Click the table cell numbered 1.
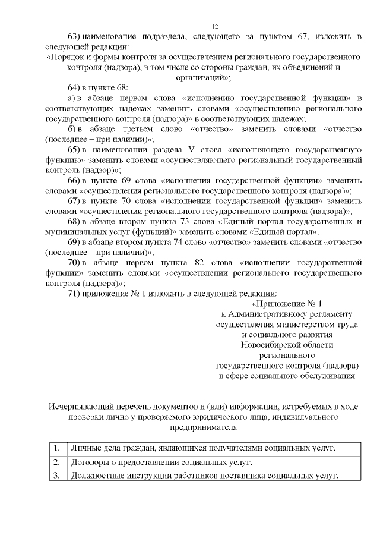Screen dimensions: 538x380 [56, 448]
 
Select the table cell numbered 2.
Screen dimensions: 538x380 [56, 462]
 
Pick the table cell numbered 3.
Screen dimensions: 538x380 [56, 476]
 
